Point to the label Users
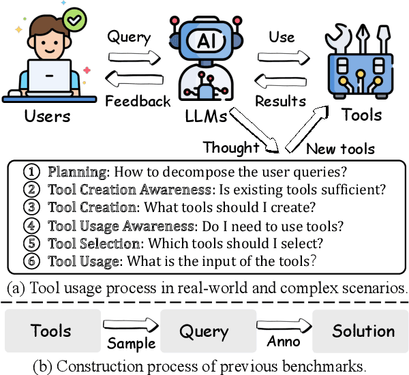[x=47, y=115]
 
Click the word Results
[x=280, y=101]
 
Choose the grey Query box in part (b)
[x=203, y=331]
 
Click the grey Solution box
[x=363, y=331]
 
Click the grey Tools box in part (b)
[x=51, y=331]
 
